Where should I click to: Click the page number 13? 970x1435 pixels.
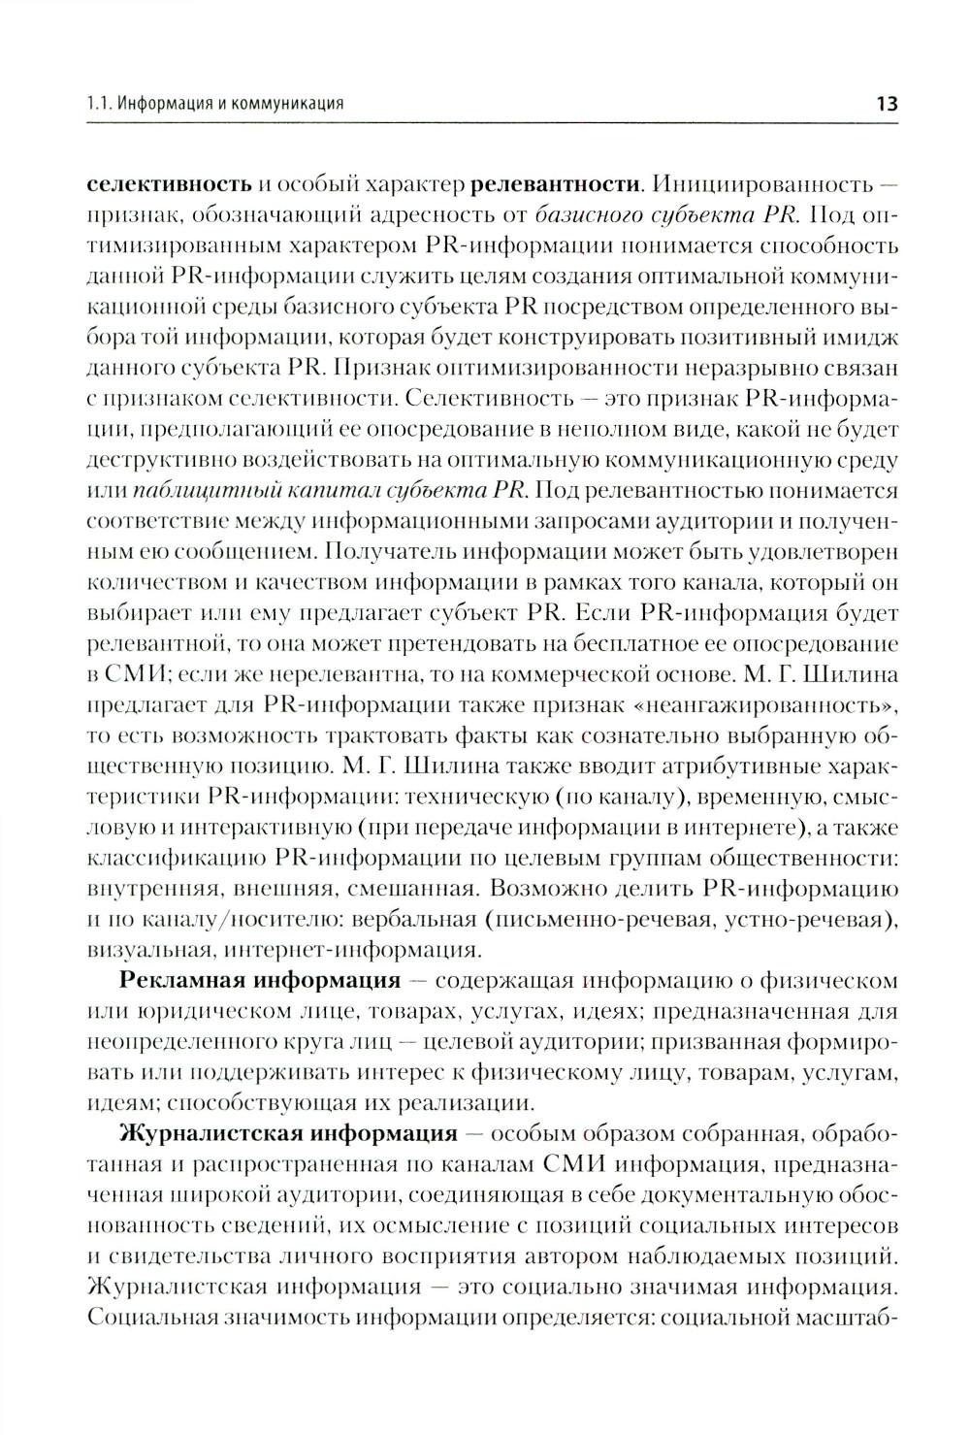[x=887, y=103]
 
